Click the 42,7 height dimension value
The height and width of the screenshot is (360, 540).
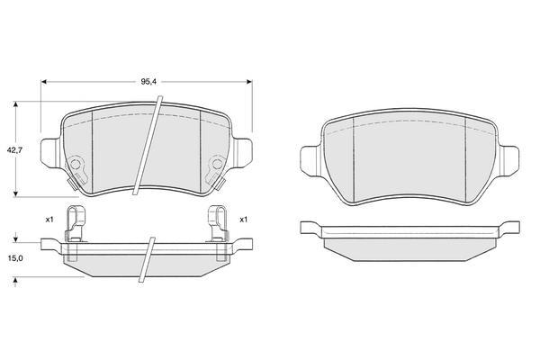coord(14,150)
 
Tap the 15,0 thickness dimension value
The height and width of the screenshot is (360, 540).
coord(14,258)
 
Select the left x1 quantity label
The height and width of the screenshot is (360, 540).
coord(49,220)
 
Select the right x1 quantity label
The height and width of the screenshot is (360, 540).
coord(244,220)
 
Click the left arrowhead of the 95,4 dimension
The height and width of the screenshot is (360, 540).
coord(44,82)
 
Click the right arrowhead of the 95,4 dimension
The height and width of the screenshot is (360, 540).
coord(249,82)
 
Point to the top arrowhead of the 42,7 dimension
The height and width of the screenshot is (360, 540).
coord(15,104)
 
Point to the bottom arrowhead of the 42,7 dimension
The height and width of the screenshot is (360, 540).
coord(15,194)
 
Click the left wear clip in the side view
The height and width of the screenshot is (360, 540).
coord(75,223)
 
